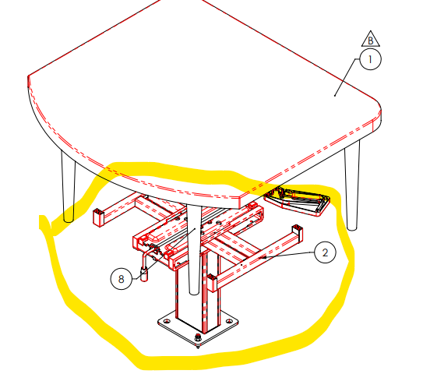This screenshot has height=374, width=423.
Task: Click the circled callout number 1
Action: click(370, 59)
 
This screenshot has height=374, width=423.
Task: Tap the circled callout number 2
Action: click(325, 252)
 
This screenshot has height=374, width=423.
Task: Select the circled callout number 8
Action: click(121, 279)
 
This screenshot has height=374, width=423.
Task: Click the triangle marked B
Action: click(371, 39)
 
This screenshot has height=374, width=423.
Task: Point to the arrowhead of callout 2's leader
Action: click(265, 258)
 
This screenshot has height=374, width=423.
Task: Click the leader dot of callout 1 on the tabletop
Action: click(335, 95)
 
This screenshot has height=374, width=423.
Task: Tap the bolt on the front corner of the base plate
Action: click(198, 338)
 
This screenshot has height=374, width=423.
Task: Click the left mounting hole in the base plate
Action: click(167, 321)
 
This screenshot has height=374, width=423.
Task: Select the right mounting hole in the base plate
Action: click(229, 321)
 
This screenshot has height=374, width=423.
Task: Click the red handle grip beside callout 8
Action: click(145, 274)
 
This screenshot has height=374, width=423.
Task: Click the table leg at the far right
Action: click(352, 186)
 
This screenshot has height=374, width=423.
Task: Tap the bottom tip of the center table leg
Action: click(194, 293)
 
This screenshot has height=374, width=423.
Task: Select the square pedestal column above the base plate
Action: click(198, 293)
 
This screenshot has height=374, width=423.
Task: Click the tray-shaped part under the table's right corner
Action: click(297, 201)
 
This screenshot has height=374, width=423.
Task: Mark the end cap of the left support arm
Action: click(98, 217)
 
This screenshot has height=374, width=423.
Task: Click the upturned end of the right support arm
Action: click(297, 231)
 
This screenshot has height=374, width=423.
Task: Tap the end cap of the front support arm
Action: click(212, 283)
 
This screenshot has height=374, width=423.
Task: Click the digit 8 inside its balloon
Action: click(121, 279)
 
